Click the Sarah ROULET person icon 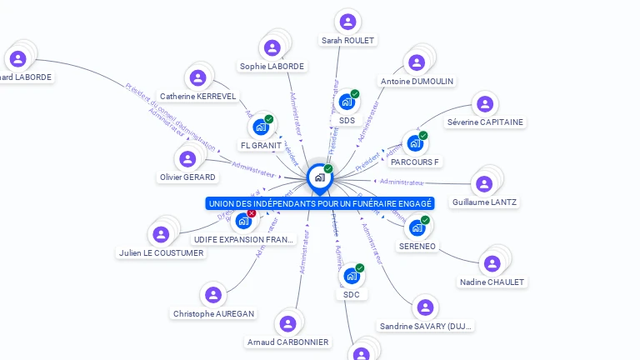[x=348, y=22]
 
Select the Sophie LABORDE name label [x=272, y=66]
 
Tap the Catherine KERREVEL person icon [x=197, y=78]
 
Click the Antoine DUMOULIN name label [x=417, y=81]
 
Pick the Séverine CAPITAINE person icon [x=484, y=104]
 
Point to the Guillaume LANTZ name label [x=484, y=202]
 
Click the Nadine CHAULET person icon [x=492, y=264]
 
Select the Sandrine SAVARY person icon [x=425, y=307]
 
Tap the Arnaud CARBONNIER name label [x=288, y=342]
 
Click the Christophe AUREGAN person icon [x=213, y=295]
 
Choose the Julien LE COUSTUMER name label [x=161, y=252]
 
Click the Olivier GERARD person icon [x=187, y=158]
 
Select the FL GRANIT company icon [x=261, y=127]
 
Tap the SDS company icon [x=347, y=102]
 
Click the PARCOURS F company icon [x=414, y=143]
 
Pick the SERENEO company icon [x=417, y=227]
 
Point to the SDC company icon [x=351, y=276]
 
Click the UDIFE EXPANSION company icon [x=242, y=221]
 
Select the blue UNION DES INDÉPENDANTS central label [x=320, y=203]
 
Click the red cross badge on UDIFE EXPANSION [x=252, y=213]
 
